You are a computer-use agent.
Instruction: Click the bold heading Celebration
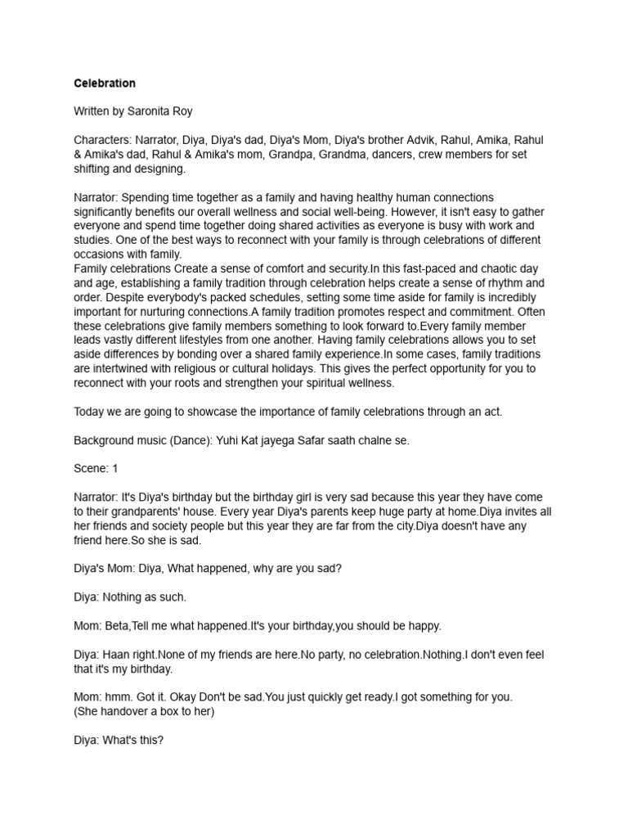(x=105, y=83)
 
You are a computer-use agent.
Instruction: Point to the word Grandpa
(x=347, y=155)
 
